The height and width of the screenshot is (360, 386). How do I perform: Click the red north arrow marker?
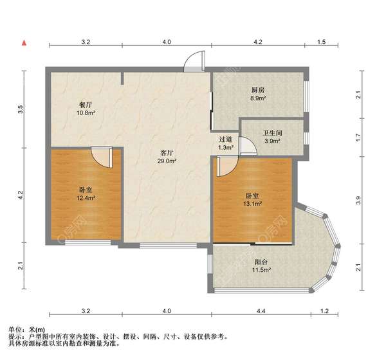(24, 43)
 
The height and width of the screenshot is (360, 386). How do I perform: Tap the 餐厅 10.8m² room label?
(86, 109)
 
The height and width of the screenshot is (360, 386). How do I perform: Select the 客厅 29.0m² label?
(167, 157)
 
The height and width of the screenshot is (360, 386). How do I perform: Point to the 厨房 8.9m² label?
(258, 94)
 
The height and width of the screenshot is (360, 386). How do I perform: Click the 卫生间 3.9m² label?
(273, 137)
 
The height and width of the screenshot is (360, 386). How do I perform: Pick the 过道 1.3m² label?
(226, 143)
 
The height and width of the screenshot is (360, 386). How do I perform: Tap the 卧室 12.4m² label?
(86, 194)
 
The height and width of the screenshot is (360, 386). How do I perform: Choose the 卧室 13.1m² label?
(252, 199)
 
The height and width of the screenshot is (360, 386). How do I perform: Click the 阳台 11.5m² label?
(261, 265)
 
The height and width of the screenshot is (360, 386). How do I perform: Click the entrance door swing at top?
(194, 61)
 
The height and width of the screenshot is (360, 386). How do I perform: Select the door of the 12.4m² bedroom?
(102, 157)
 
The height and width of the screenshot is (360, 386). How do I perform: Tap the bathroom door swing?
(248, 146)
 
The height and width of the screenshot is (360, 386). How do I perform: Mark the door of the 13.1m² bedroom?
(227, 166)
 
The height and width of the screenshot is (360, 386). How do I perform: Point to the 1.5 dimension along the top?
(321, 42)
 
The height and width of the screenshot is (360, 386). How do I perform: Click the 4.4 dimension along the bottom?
(261, 311)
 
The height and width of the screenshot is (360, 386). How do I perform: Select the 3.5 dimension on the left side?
(21, 109)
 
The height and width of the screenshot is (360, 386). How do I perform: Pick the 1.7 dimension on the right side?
(358, 138)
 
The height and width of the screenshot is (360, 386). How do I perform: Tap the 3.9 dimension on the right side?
(358, 200)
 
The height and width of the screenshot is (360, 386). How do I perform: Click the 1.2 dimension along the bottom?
(324, 311)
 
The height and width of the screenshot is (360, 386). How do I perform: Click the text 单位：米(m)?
(26, 329)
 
